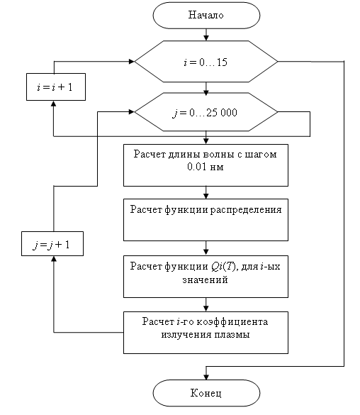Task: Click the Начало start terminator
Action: (x=206, y=16)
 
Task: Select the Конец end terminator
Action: (x=206, y=393)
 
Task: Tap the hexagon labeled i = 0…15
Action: (x=206, y=62)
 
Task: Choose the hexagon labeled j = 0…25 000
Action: (x=206, y=112)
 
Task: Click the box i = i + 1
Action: (x=56, y=87)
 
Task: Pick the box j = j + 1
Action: (x=52, y=244)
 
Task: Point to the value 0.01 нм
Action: (x=205, y=167)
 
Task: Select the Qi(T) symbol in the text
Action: (x=223, y=266)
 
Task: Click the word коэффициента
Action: (x=232, y=322)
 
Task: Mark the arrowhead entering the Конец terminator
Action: (x=206, y=377)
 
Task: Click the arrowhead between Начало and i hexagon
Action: (x=206, y=38)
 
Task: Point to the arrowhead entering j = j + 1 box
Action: (x=54, y=259)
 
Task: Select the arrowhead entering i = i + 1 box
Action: (x=54, y=104)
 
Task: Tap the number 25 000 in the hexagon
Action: (x=222, y=113)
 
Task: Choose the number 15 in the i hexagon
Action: (x=222, y=62)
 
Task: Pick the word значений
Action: (x=205, y=280)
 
